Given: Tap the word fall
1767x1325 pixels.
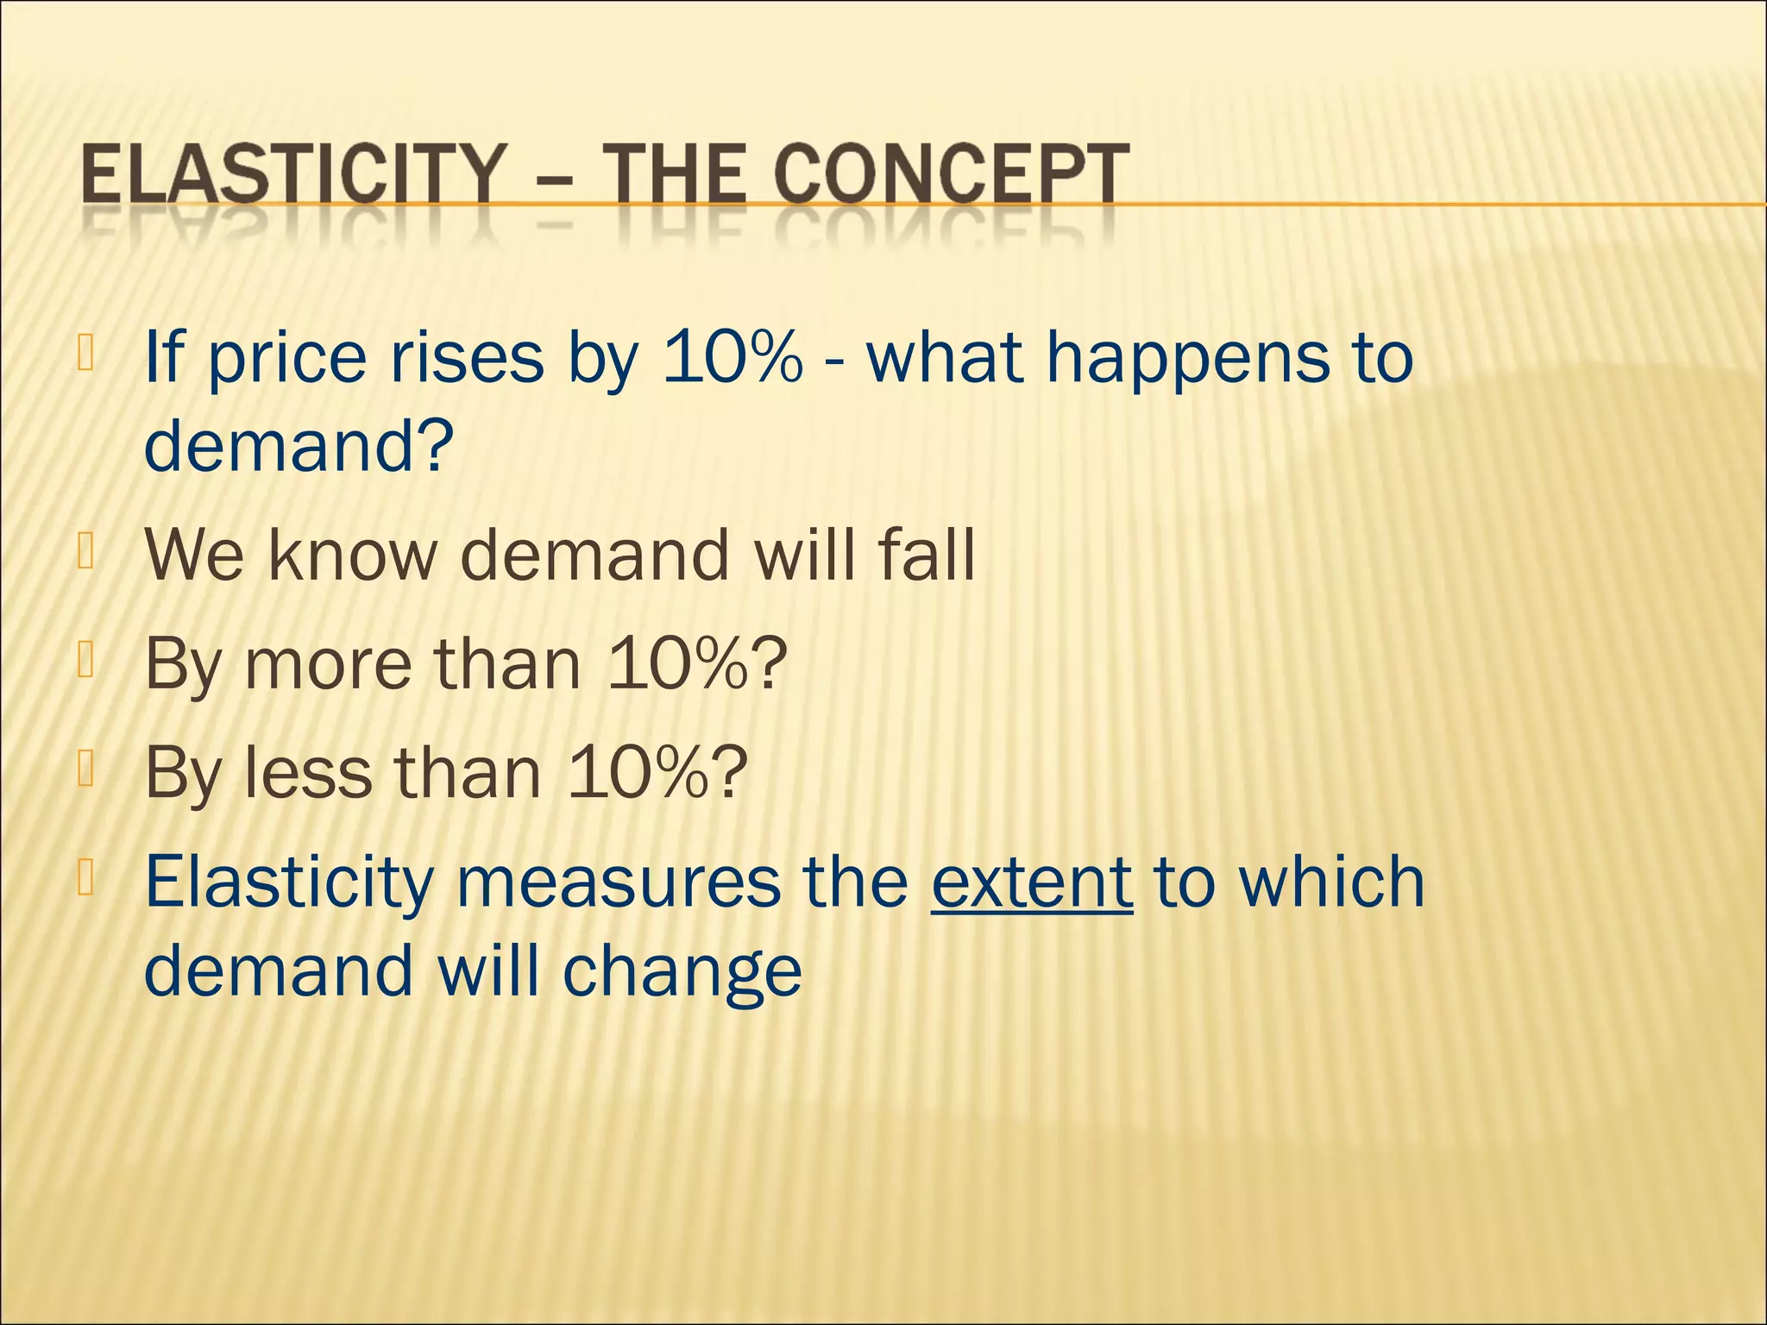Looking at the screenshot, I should point(926,554).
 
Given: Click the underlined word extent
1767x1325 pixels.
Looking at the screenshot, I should point(1032,882).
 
